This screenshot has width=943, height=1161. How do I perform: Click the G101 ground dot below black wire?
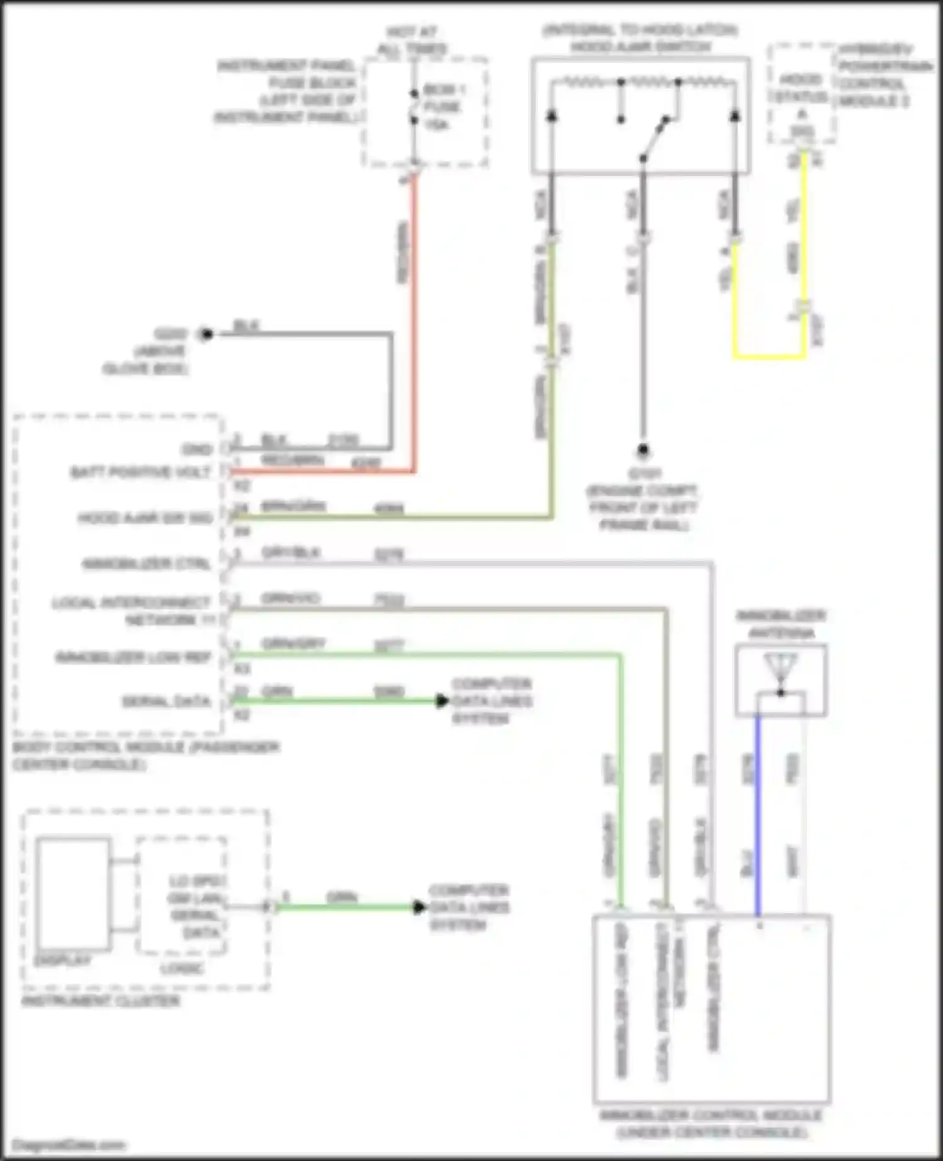642,450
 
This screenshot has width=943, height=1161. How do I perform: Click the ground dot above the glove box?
206,334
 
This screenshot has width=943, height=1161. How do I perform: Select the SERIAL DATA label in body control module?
166,701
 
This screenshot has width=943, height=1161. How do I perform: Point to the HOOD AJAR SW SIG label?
145,518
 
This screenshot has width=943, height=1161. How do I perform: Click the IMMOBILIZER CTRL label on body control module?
146,564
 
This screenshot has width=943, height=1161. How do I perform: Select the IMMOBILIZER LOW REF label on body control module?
133,658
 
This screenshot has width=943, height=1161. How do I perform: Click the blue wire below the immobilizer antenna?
758,818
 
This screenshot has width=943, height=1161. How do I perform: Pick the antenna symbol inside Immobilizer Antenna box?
780,670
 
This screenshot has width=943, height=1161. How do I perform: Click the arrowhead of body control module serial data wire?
443,701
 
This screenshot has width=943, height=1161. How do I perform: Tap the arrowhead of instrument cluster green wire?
419,907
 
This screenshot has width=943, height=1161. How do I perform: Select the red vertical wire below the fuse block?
414,314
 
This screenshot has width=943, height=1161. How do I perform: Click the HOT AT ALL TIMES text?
412,40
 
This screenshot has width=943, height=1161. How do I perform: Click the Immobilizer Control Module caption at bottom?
711,1123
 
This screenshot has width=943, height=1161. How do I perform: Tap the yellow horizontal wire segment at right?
769,357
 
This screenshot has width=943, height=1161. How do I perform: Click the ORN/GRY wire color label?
293,644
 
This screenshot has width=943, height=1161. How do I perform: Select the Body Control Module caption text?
145,755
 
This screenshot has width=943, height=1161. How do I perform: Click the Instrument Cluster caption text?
101,1001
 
